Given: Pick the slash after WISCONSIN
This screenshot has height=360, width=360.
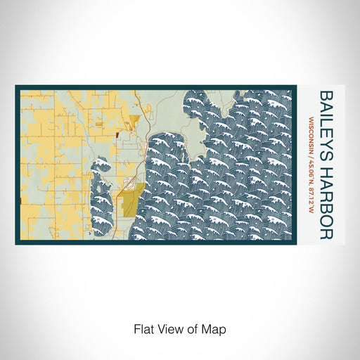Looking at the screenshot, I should pos(311,155).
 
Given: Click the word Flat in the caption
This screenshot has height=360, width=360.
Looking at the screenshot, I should pos(143,328).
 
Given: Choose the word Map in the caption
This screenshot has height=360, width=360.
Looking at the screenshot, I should pos(216,328).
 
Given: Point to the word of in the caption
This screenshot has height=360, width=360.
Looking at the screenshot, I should pos(195,328).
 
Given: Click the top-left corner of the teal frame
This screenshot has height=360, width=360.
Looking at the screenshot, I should pos(16,86).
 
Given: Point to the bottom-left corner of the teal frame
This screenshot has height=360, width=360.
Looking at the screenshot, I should pos(16,243).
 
